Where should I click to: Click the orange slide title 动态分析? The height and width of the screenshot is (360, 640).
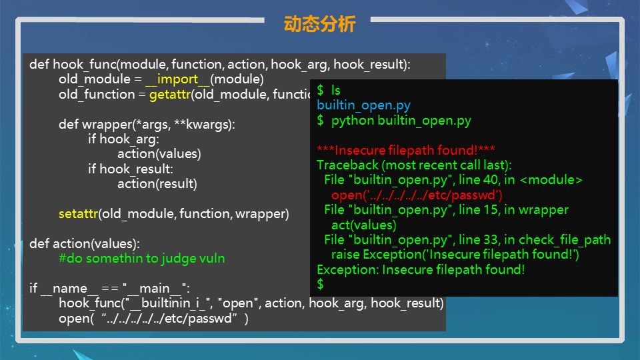click(319, 24)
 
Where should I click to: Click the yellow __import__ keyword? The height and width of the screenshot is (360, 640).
click(177, 79)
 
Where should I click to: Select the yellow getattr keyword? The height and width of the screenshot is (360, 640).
click(170, 95)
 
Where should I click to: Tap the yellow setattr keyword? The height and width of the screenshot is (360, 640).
click(79, 213)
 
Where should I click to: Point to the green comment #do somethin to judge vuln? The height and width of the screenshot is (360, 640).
click(141, 259)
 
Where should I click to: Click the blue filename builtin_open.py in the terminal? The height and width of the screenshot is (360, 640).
click(364, 105)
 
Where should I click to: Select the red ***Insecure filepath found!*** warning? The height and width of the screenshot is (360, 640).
click(406, 150)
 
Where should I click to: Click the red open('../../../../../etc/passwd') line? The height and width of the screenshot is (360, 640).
click(417, 195)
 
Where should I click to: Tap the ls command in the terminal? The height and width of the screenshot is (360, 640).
click(335, 90)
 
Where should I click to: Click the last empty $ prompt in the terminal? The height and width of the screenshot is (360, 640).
click(321, 284)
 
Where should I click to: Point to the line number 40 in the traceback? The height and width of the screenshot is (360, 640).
click(491, 179)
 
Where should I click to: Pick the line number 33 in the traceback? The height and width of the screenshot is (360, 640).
click(491, 239)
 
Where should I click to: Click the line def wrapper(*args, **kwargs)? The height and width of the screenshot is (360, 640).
click(147, 124)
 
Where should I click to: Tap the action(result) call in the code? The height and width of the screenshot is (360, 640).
click(157, 184)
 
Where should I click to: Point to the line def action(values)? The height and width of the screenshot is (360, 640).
click(85, 244)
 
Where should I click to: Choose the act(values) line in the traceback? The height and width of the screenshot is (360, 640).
click(364, 225)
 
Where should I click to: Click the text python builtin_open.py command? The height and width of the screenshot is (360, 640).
click(401, 121)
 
